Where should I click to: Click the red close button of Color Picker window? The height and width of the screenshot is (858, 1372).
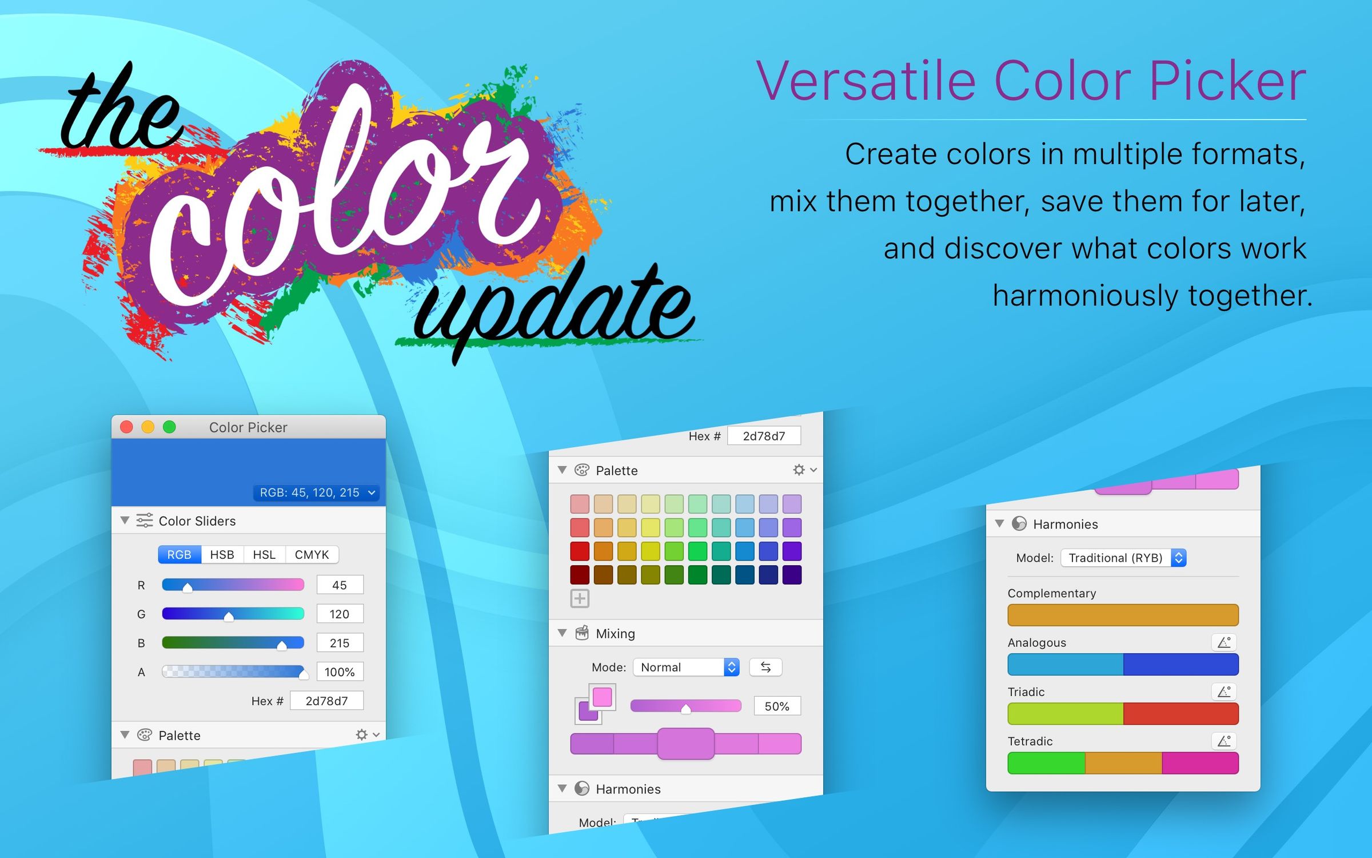coord(127,427)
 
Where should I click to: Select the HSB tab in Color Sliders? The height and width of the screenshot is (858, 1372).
coord(222,554)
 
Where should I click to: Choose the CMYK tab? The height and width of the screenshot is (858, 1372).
coord(312,554)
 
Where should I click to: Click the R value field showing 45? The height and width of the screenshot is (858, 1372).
coord(340,585)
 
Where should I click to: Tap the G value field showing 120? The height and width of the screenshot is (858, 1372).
coord(340,614)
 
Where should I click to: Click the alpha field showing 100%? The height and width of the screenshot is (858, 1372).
coord(340,672)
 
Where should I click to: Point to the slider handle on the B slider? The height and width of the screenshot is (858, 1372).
coord(282,645)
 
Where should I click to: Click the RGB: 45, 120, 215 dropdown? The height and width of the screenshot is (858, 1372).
coord(316,492)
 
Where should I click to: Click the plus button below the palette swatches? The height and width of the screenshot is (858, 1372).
coord(580,599)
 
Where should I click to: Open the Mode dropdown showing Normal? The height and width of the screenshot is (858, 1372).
coord(686,667)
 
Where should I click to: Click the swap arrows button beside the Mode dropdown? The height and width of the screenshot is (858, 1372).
coord(765,667)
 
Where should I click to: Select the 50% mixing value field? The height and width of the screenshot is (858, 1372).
coord(777,706)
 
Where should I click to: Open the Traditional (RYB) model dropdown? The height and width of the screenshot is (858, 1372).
coord(1123,558)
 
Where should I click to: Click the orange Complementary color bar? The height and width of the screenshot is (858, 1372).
coord(1123,615)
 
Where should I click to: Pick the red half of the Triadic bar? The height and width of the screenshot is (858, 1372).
coord(1180,714)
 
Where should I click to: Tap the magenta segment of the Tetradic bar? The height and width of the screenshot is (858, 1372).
coord(1200,763)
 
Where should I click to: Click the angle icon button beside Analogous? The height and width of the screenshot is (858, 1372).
coord(1223,642)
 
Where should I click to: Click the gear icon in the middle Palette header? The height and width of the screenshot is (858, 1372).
coord(799,470)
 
